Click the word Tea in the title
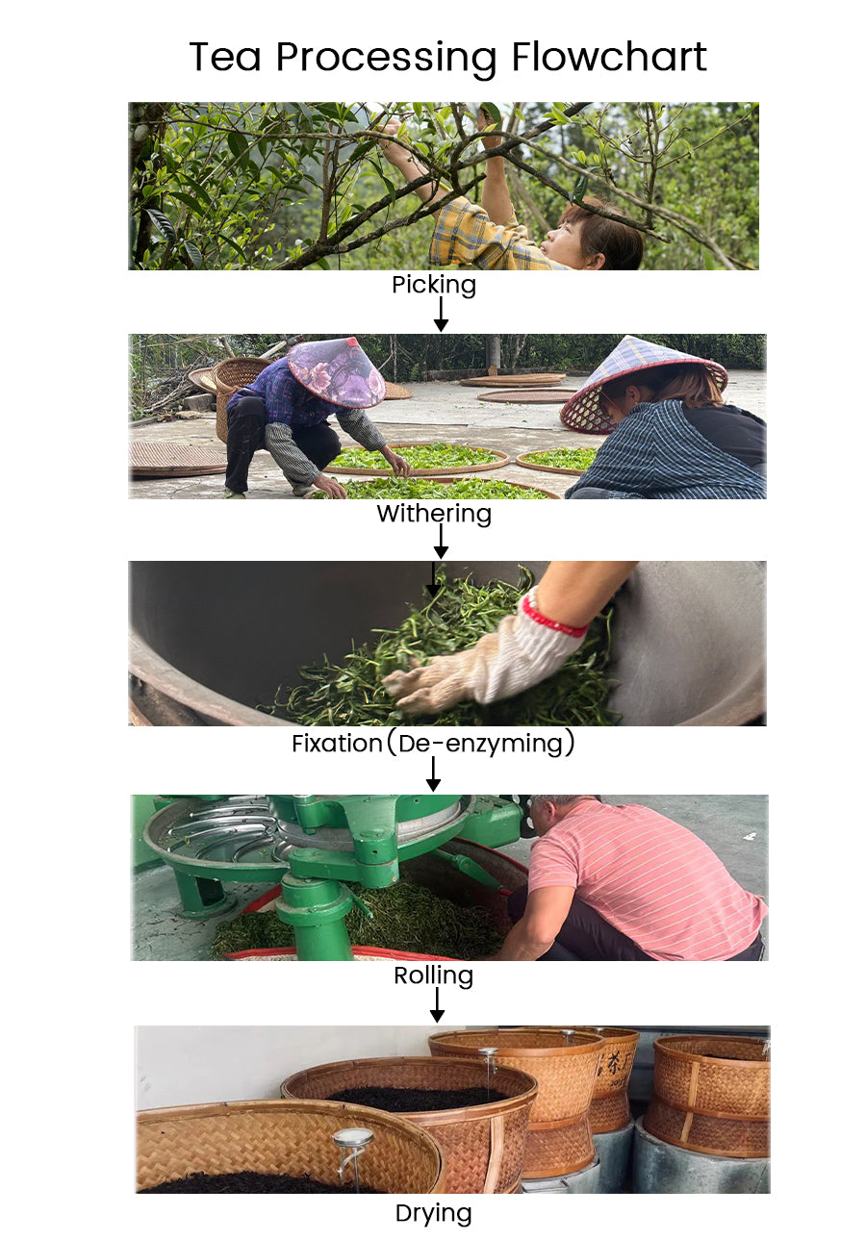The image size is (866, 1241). coord(224,56)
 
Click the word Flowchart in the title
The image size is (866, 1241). coord(608,56)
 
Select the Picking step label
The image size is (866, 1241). coord(434,285)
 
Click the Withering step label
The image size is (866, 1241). coord(434,514)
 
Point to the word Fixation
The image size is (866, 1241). coord(337,743)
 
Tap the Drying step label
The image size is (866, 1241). coord(433,1213)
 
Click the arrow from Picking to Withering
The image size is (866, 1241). coord(441,315)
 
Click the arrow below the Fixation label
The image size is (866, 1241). coord(433,774)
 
